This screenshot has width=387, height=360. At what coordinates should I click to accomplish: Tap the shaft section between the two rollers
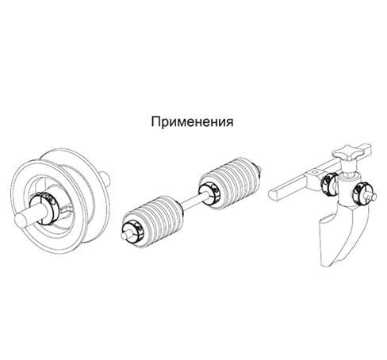(190, 204)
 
